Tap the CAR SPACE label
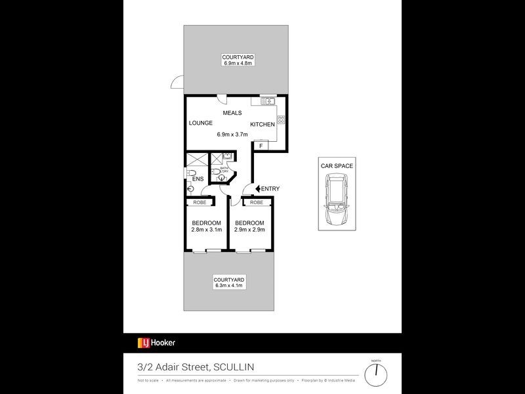click(337, 166)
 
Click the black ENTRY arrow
click(258, 189)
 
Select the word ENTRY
click(270, 189)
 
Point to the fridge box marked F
click(261, 146)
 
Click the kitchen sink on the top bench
click(266, 101)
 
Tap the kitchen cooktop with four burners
click(281, 120)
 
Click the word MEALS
click(232, 113)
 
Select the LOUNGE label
click(199, 123)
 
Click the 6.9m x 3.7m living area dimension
click(232, 135)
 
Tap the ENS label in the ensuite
click(198, 179)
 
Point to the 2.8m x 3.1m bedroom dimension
click(207, 230)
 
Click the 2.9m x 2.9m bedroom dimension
click(249, 230)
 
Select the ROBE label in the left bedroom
click(199, 202)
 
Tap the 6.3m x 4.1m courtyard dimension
click(229, 286)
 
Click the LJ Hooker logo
click(156, 343)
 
